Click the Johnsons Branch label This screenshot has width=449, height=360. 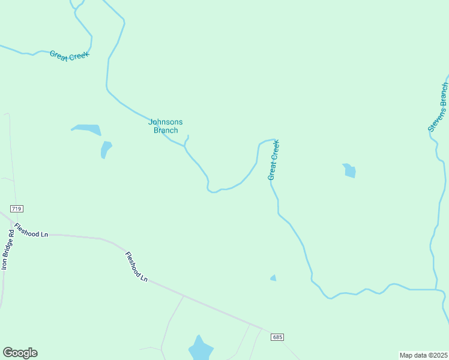[166, 126]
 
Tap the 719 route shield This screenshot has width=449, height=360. [16, 209]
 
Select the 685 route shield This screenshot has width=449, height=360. [276, 337]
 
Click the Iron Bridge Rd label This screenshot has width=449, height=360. [8, 249]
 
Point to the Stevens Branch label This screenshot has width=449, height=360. [438, 107]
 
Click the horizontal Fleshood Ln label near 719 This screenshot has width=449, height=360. [31, 230]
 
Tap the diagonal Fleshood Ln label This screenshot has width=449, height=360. [136, 266]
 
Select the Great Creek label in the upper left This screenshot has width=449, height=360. [69, 55]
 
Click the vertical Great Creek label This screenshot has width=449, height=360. [274, 160]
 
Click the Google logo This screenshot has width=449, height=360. [20, 353]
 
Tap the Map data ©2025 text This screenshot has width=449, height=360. [423, 355]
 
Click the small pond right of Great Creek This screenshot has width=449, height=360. [349, 171]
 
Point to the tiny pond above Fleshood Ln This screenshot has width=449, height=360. [273, 278]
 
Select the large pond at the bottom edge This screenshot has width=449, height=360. [200, 348]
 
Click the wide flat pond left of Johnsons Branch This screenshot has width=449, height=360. [86, 129]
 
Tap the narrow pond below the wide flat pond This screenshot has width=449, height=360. [106, 149]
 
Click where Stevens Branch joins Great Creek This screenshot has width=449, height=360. [436, 289]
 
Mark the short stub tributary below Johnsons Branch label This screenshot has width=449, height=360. [187, 140]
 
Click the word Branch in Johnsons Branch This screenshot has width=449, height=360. [166, 130]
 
